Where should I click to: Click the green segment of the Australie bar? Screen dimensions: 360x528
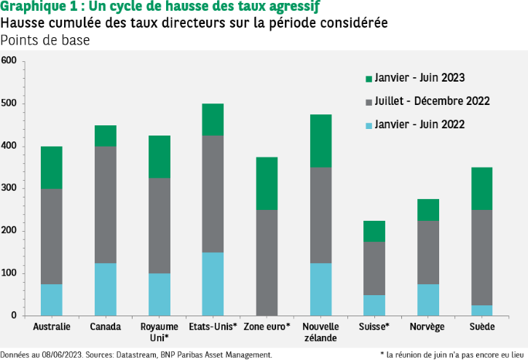51,168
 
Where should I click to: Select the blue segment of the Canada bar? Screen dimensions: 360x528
105,289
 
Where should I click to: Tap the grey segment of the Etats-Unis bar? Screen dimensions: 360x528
213,194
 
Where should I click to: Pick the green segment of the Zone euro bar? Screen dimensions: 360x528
267,183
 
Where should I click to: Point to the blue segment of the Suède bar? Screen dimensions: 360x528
481,310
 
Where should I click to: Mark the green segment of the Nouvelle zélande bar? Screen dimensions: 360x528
320,141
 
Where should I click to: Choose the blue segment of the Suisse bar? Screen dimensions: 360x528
374,305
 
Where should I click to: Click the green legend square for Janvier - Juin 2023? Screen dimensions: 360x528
369,78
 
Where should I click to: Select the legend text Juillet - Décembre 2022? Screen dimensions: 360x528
432,101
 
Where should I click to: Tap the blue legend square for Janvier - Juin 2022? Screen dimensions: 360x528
369,125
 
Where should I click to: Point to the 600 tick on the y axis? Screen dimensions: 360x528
9,61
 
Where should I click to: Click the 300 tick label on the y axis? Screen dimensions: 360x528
9,189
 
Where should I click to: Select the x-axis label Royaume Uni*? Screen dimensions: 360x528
159,332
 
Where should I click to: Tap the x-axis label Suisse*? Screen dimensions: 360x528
374,327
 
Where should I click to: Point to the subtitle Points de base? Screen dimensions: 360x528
45,40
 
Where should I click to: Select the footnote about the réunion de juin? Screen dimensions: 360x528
452,355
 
